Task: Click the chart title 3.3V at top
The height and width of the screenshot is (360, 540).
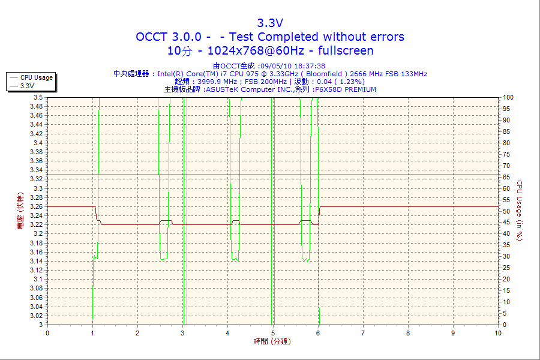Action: (x=270, y=23)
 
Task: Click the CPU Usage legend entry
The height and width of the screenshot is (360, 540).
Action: (x=36, y=77)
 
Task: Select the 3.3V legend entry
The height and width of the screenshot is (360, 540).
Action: (x=27, y=86)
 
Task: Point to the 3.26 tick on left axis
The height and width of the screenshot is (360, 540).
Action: (x=35, y=206)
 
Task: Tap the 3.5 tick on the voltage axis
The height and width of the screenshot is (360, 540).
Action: (x=38, y=97)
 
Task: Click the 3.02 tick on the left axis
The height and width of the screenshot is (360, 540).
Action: (x=35, y=316)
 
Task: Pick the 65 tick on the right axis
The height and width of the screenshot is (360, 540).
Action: (x=506, y=177)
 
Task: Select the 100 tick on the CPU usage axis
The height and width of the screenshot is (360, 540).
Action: (x=508, y=97)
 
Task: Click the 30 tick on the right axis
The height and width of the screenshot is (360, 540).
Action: (x=506, y=257)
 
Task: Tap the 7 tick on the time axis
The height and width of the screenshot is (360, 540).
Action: (x=363, y=333)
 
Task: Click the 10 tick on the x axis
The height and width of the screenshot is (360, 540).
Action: (x=498, y=333)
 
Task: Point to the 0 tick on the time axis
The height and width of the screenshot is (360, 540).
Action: (x=47, y=333)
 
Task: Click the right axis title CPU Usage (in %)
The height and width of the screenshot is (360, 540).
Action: (x=520, y=211)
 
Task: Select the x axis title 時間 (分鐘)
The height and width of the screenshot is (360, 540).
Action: (x=270, y=341)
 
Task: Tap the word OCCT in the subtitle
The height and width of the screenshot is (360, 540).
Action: (x=155, y=37)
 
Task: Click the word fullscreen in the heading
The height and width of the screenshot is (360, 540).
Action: (x=346, y=50)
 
